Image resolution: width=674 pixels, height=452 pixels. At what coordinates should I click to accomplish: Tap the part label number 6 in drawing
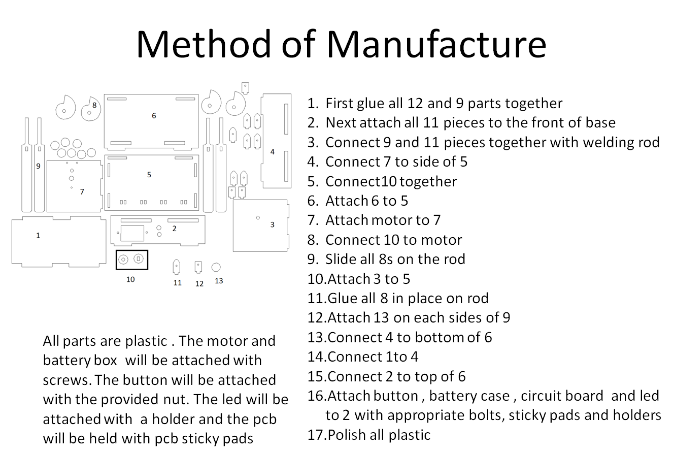tap(154, 116)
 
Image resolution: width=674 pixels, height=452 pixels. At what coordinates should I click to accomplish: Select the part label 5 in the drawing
tap(149, 175)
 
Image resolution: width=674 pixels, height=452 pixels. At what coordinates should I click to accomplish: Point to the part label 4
tap(273, 152)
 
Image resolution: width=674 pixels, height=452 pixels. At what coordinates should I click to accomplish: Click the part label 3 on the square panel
tap(273, 224)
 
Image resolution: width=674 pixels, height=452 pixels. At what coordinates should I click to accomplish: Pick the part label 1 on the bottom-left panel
tap(38, 236)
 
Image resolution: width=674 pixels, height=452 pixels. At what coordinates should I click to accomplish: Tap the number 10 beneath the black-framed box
tap(130, 279)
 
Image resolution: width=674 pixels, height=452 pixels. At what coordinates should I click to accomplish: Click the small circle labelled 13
tap(216, 267)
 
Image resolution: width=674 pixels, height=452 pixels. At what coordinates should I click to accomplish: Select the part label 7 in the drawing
tap(82, 192)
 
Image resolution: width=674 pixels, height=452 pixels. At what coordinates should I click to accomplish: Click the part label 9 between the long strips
tap(38, 166)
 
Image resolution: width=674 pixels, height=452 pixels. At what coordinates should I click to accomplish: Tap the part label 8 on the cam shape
tap(94, 106)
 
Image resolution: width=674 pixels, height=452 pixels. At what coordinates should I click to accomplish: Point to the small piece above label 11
tap(177, 266)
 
